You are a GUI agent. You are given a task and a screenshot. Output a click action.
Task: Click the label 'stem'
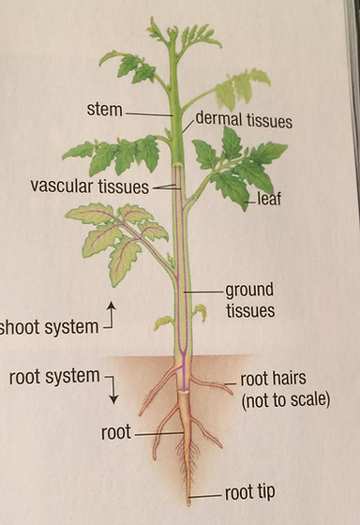(x=104, y=110)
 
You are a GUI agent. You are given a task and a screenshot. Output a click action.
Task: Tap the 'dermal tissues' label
(x=244, y=121)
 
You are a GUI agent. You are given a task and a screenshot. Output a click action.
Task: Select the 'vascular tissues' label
(x=89, y=186)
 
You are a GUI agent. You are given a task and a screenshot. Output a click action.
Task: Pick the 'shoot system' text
(x=49, y=327)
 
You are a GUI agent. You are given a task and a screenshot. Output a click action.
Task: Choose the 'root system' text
(x=53, y=377)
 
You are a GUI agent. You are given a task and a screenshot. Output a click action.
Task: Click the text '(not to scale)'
(x=285, y=400)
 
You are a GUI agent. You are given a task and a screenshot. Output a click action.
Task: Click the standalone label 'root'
(x=115, y=433)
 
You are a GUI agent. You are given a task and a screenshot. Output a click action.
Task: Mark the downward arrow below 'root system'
(x=113, y=395)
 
